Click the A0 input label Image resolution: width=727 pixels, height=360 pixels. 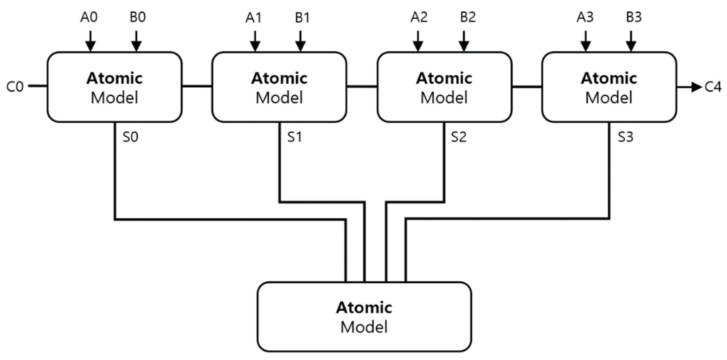[x=89, y=18]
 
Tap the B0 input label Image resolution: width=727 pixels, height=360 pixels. [x=138, y=18]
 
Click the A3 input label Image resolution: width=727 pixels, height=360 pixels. [x=585, y=18]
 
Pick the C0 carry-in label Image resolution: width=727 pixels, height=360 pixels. [x=15, y=87]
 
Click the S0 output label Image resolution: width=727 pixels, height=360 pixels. [x=130, y=137]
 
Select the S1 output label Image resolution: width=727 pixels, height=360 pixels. [x=295, y=137]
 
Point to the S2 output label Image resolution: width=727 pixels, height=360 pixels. [x=458, y=137]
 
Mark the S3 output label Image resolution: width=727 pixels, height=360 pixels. [x=626, y=137]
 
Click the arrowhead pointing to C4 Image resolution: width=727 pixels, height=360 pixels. [x=696, y=87]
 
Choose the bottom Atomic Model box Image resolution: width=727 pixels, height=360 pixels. [x=364, y=317]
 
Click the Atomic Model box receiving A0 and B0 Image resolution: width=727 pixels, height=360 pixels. [x=114, y=87]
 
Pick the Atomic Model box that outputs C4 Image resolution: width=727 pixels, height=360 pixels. [x=609, y=87]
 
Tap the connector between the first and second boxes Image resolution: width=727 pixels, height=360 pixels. [x=197, y=86]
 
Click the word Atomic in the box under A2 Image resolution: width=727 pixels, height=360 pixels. [x=444, y=78]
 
